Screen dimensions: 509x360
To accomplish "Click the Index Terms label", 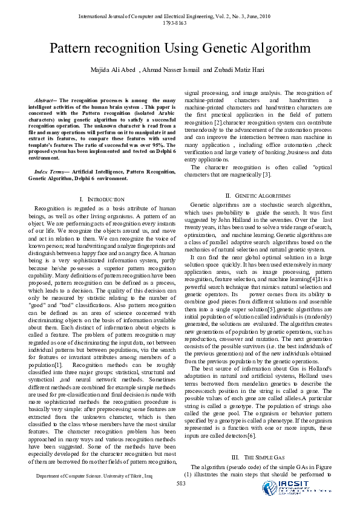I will [49, 155].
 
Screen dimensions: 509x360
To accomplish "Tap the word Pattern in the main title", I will [72, 48].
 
